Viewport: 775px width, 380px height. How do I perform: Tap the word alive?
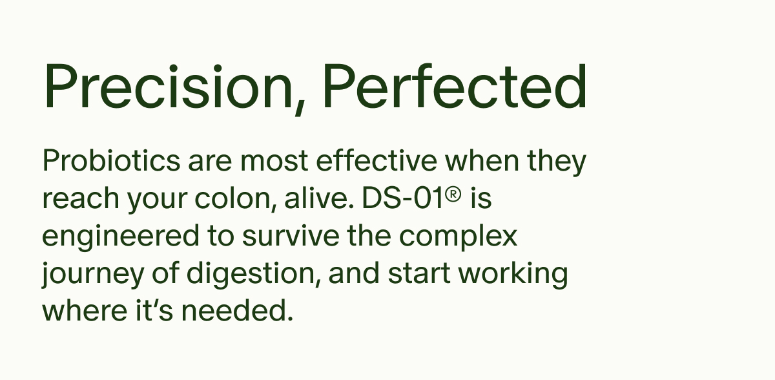click(x=316, y=199)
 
